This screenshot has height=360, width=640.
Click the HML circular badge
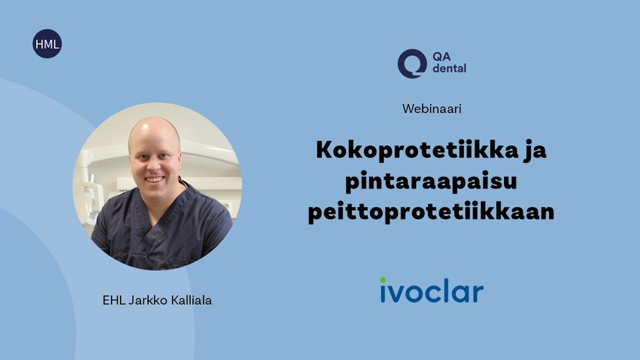click(x=47, y=44)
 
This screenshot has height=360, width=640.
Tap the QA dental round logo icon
click(x=412, y=64)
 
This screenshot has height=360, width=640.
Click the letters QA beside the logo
click(x=441, y=56)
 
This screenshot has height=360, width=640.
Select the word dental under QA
click(x=449, y=68)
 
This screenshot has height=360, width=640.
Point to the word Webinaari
click(x=432, y=109)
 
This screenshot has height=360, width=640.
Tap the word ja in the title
click(x=534, y=151)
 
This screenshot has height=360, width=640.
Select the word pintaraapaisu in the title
click(x=431, y=182)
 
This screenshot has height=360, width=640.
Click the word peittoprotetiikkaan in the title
click(x=431, y=212)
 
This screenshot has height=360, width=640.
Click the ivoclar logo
click(x=432, y=290)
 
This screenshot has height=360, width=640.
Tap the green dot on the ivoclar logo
click(x=383, y=280)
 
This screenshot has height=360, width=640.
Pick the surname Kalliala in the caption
click(x=192, y=300)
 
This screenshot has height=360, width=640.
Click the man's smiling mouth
click(x=155, y=180)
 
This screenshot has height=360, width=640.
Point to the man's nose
click(x=154, y=166)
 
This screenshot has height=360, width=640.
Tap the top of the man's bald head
click(x=154, y=119)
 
